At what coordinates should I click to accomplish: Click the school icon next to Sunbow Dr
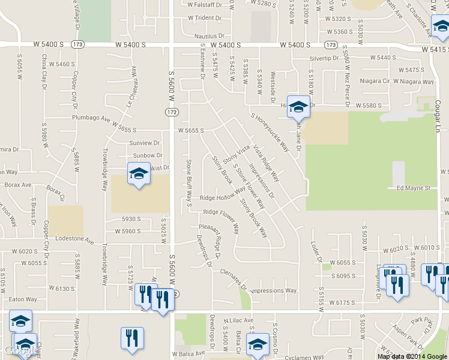click(x=139, y=174)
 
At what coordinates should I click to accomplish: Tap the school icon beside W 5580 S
click(x=298, y=107)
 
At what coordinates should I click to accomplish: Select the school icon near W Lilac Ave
click(x=258, y=344)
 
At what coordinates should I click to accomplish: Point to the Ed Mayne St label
click(x=414, y=188)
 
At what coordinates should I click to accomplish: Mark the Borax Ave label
click(x=17, y=185)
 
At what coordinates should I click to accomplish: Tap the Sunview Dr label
click(x=145, y=143)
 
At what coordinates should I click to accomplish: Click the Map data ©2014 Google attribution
click(x=412, y=356)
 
